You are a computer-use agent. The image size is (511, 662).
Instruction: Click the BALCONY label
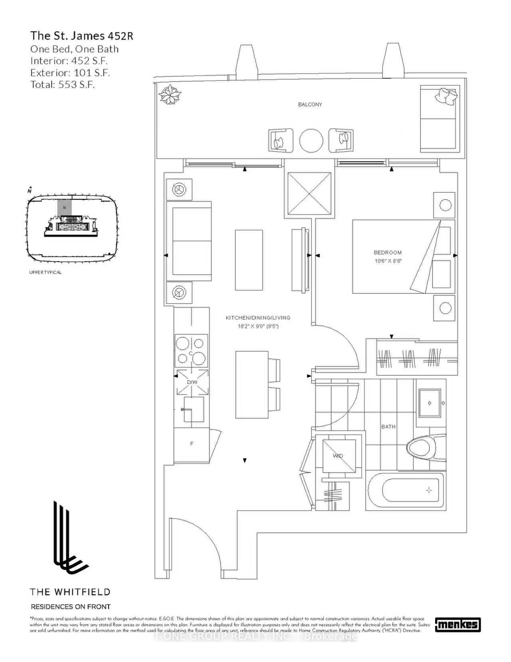pyautogui.click(x=310, y=105)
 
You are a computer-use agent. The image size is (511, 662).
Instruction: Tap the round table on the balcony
pyautogui.click(x=311, y=140)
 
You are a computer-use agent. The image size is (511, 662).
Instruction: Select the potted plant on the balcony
pyautogui.click(x=169, y=95)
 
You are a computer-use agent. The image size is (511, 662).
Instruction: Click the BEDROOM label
pyautogui.click(x=387, y=252)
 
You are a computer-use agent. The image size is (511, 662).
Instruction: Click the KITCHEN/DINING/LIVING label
pyautogui.click(x=258, y=318)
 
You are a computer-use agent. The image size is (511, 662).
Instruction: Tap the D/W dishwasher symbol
pyautogui.click(x=192, y=382)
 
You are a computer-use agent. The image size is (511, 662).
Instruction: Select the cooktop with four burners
pyautogui.click(x=191, y=350)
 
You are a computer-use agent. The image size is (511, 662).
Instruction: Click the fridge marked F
pyautogui.click(x=192, y=443)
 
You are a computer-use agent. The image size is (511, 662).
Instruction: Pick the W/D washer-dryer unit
pyautogui.click(x=339, y=455)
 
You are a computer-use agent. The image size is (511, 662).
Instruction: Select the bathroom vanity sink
pyautogui.click(x=429, y=403)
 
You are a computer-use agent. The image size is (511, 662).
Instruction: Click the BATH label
pyautogui.click(x=388, y=427)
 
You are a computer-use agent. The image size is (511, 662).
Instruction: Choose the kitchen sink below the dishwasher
pyautogui.click(x=194, y=409)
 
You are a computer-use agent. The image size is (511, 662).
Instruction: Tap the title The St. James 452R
pyautogui.click(x=82, y=36)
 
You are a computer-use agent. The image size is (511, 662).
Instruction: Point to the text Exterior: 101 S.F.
pyautogui.click(x=70, y=73)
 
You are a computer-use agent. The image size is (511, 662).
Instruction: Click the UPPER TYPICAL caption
pyautogui.click(x=46, y=272)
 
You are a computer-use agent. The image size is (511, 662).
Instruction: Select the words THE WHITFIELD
pyautogui.click(x=70, y=592)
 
